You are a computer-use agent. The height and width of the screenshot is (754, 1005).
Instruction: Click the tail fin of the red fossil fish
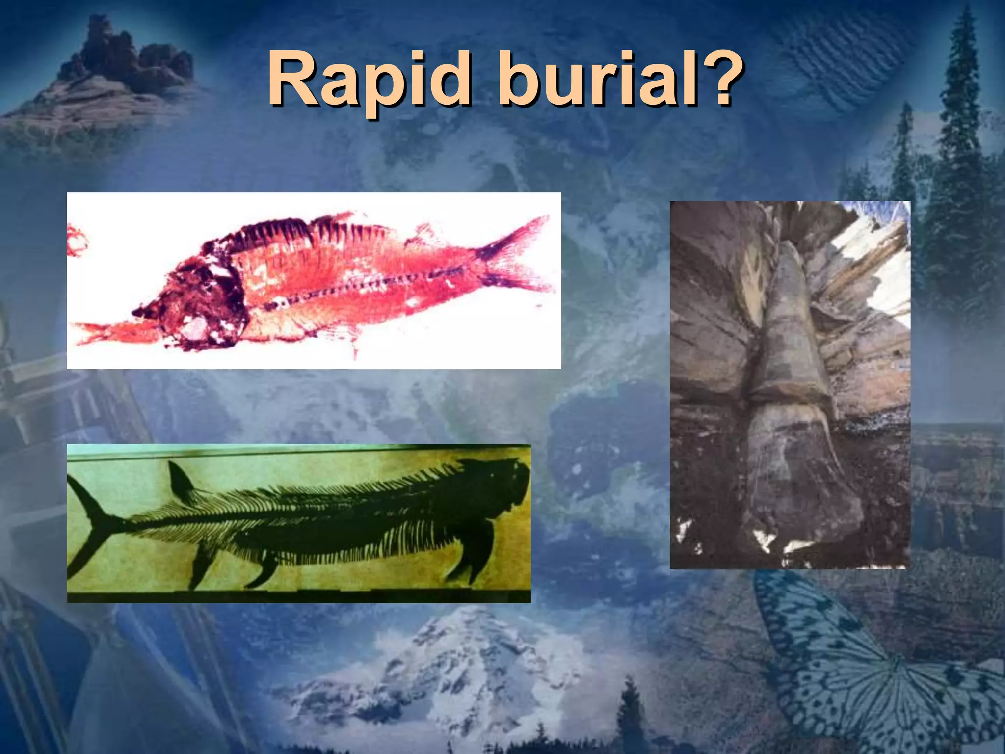tap(515, 255)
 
